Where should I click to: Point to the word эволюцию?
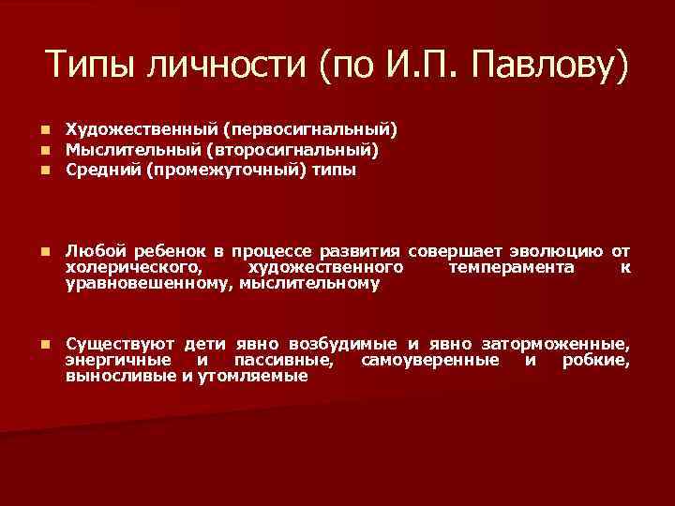558,252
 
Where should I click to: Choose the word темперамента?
510,268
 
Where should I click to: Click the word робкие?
595,360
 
